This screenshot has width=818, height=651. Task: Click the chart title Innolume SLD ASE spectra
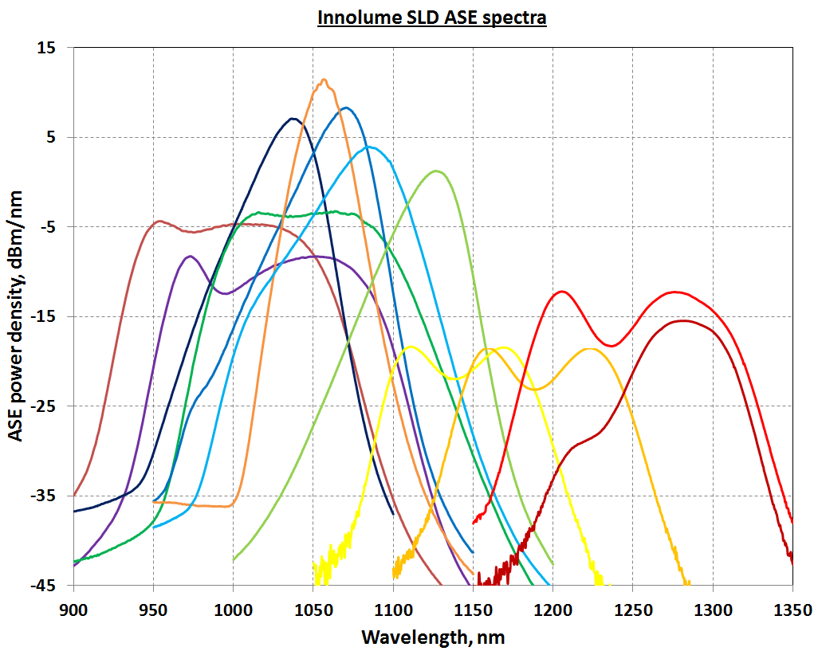(x=431, y=18)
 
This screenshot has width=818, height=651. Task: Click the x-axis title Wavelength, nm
(x=433, y=637)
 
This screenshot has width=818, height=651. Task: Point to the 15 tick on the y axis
(x=46, y=48)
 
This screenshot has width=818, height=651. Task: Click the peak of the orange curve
(x=324, y=80)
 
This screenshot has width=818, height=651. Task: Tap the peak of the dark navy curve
(x=293, y=119)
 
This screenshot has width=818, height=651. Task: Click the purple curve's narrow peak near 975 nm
(x=190, y=257)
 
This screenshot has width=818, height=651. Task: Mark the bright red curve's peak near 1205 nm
(x=562, y=292)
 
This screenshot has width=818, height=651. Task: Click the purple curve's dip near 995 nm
(x=226, y=293)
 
